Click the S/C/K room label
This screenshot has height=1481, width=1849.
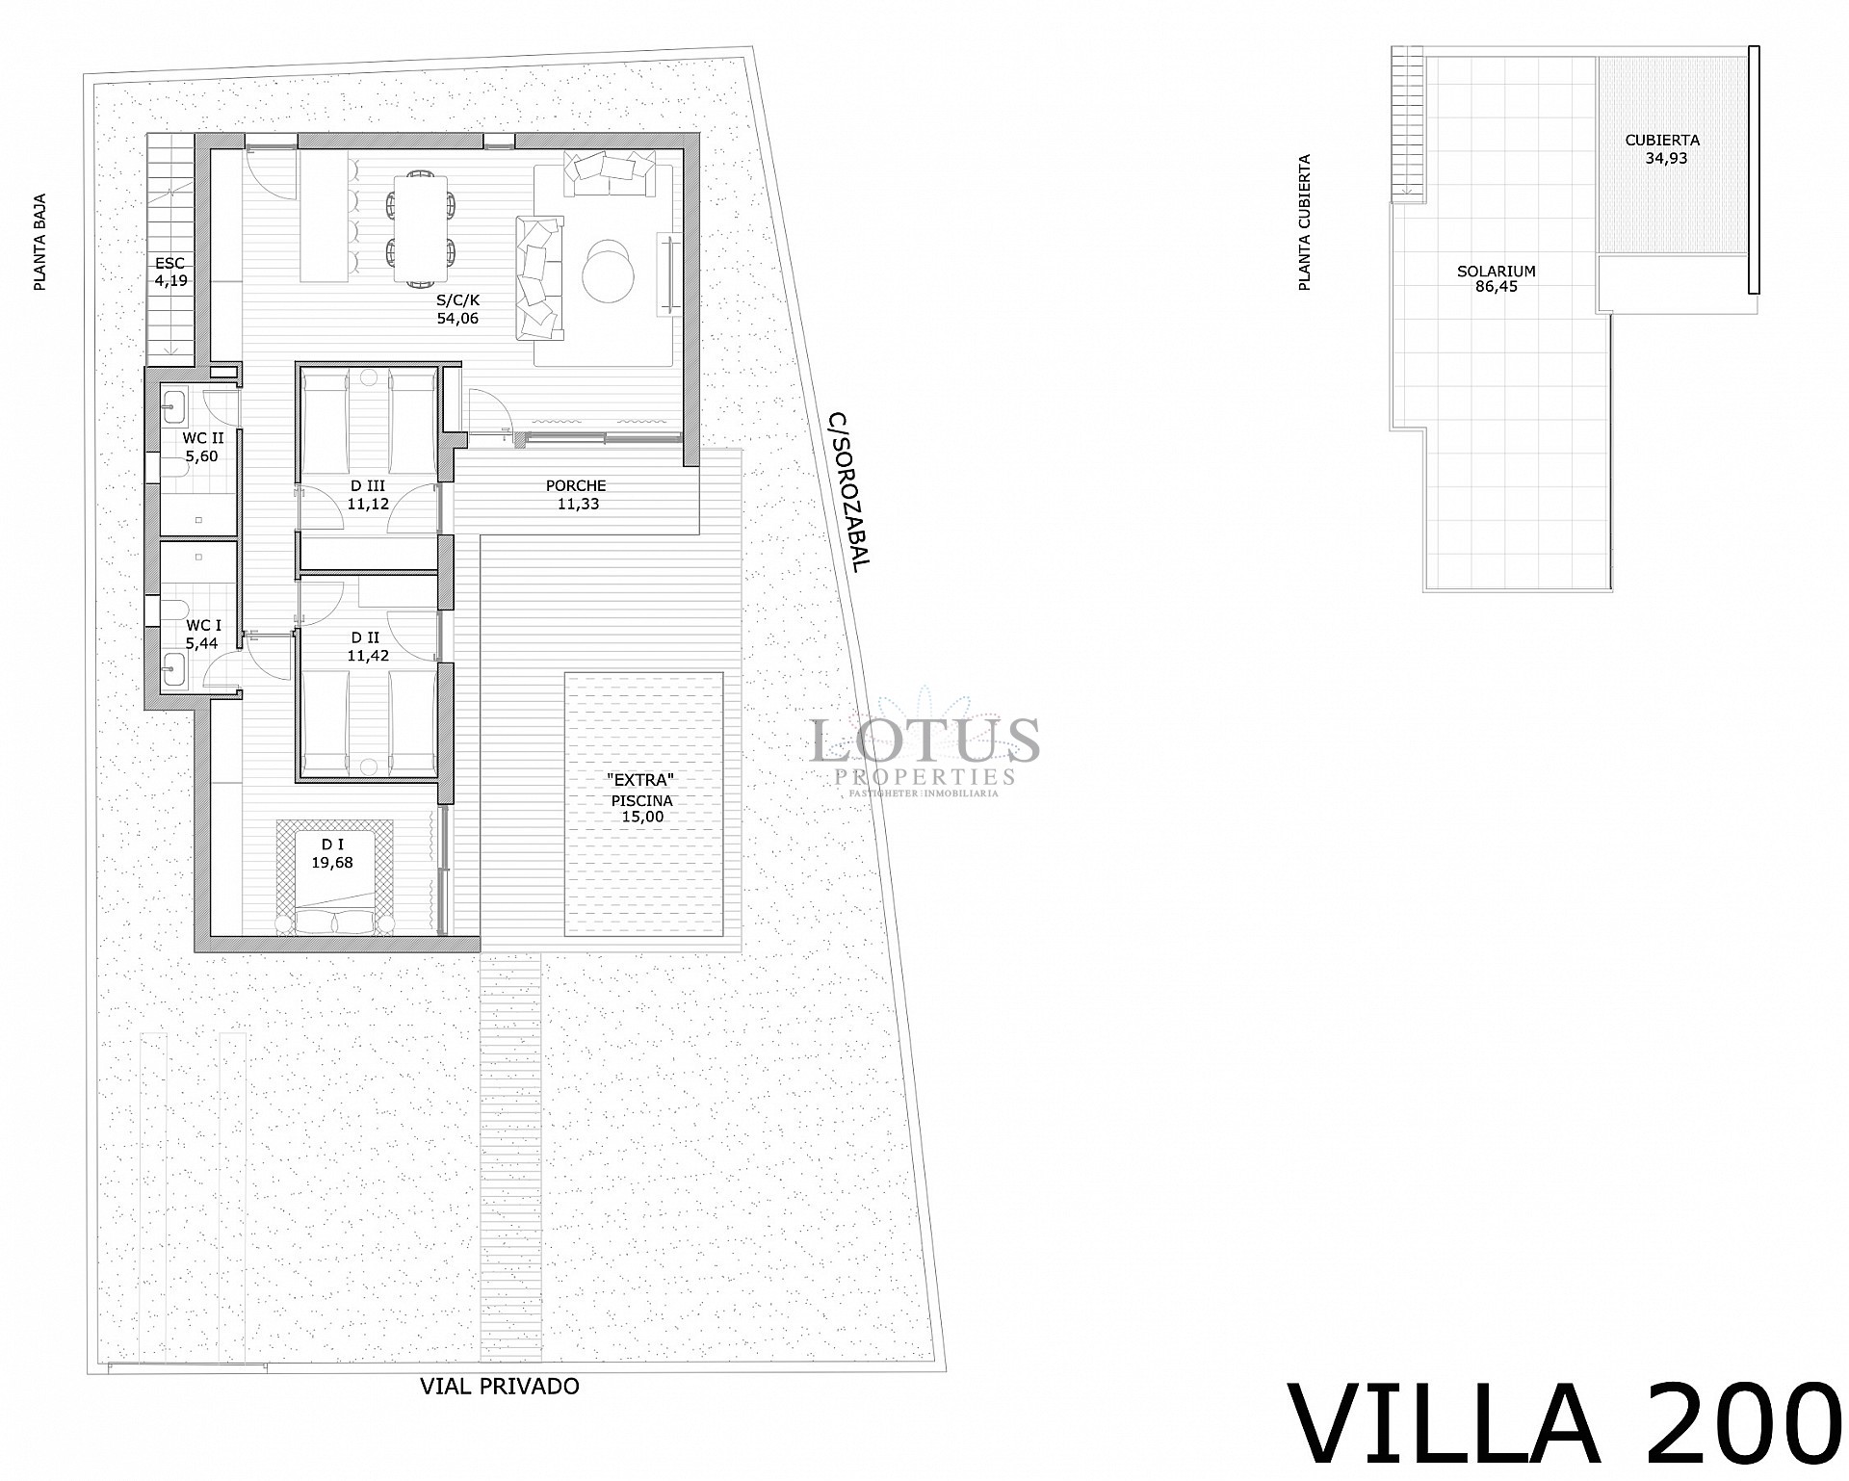pos(457,309)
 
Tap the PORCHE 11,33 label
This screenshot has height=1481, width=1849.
pos(577,495)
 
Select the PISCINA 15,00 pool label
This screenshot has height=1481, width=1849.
pos(641,807)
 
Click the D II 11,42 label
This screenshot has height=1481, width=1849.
pos(367,646)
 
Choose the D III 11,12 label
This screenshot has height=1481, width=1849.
pos(367,495)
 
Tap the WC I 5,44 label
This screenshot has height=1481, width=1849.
pos(202,635)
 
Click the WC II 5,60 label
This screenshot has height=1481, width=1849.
pos(202,447)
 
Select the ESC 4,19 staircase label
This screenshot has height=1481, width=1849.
pos(170,272)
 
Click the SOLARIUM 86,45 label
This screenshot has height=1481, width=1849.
pos(1496,278)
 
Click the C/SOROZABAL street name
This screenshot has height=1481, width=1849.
pos(848,492)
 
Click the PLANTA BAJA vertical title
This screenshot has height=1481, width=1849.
pos(40,243)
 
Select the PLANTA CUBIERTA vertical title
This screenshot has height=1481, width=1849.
pos(1305,222)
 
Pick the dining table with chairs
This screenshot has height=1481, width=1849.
pos(422,227)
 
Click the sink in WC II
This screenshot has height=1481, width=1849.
pos(174,406)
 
